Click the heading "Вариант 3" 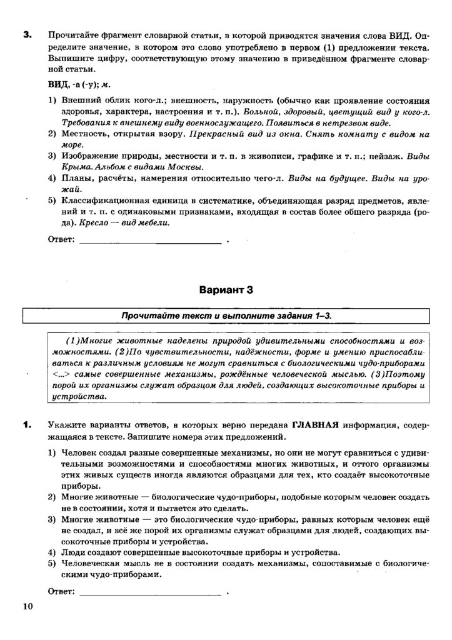pos(226,290)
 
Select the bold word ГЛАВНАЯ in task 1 pos(315,425)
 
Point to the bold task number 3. pos(27,34)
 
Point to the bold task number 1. pos(27,426)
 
